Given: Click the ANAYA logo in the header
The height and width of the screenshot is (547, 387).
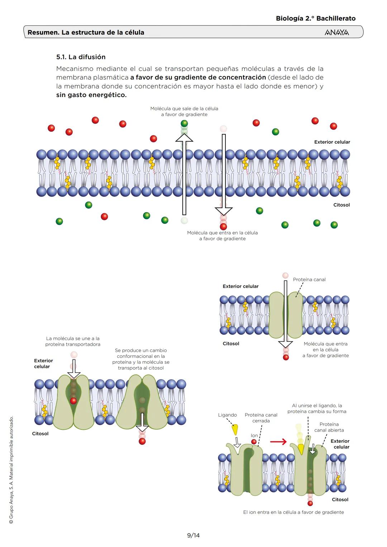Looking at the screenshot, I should pyautogui.click(x=336, y=32).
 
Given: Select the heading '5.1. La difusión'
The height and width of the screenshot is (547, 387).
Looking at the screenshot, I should pyautogui.click(x=81, y=57).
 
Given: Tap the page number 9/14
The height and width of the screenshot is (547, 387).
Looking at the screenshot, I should pyautogui.click(x=193, y=535).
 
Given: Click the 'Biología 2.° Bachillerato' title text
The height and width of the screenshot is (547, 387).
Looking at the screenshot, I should pyautogui.click(x=315, y=18).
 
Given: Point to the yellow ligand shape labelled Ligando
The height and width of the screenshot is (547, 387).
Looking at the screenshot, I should pyautogui.click(x=235, y=429).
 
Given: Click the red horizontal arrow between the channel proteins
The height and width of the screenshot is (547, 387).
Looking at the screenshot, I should pyautogui.click(x=278, y=442).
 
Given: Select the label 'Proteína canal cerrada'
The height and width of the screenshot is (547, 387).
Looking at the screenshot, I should pyautogui.click(x=261, y=418).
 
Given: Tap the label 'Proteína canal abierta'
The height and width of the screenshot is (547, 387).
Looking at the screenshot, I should pyautogui.click(x=329, y=427).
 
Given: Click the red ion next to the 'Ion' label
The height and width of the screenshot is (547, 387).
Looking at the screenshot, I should pyautogui.click(x=254, y=442).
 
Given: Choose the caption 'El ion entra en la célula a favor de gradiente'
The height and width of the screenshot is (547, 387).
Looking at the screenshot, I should pyautogui.click(x=293, y=512).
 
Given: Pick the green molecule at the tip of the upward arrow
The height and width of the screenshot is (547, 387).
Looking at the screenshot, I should pyautogui.click(x=184, y=124).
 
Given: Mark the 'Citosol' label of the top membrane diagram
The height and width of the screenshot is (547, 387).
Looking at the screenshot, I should pyautogui.click(x=341, y=205).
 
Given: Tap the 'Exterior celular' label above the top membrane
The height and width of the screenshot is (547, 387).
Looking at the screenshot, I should pyautogui.click(x=332, y=142).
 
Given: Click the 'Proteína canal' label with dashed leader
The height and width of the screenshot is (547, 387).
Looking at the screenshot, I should pyautogui.click(x=309, y=279).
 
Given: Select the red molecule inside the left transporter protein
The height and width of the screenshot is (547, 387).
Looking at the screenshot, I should pyautogui.click(x=73, y=400).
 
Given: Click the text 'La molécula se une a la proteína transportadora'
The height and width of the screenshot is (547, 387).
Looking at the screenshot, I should pyautogui.click(x=73, y=341).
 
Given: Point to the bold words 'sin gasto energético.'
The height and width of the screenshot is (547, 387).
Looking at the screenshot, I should pyautogui.click(x=91, y=95).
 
